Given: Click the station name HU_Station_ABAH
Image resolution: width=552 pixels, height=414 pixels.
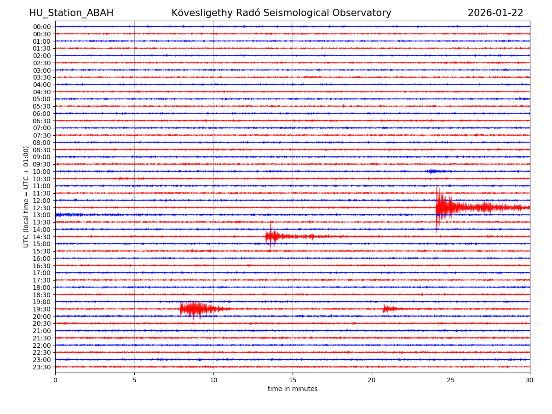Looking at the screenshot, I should click(71, 13).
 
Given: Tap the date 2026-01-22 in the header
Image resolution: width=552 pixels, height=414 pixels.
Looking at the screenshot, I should click(495, 13).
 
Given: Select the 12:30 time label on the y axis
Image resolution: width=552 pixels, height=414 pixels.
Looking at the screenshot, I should click(41, 208).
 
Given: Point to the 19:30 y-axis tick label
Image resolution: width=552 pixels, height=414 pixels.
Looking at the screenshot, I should click(41, 309).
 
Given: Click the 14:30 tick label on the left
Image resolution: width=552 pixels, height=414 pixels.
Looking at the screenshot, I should click(41, 237).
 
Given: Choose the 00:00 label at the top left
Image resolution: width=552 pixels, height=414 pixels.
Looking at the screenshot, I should click(41, 27).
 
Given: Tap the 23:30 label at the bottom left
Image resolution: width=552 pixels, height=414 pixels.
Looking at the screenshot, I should click(41, 367).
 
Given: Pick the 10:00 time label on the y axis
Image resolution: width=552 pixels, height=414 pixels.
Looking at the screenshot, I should click(41, 172).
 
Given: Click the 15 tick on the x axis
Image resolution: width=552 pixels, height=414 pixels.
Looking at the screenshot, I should click(293, 380).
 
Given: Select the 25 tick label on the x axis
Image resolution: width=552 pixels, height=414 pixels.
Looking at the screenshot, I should click(451, 380).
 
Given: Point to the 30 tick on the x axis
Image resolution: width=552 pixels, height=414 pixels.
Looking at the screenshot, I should click(530, 380).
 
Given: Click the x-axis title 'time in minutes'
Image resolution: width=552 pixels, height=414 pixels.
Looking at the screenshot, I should click(293, 389).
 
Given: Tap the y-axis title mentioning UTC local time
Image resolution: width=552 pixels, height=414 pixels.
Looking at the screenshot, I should click(26, 196).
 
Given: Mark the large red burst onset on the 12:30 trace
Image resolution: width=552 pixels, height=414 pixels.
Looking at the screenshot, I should click(437, 207).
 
